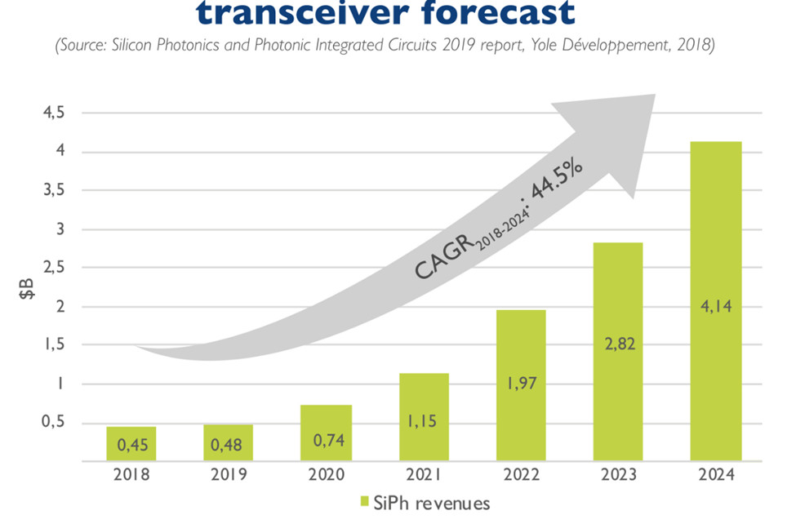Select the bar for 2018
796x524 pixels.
[131, 444]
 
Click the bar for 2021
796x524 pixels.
[424, 417]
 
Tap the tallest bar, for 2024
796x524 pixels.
[715, 302]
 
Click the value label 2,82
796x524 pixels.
[618, 344]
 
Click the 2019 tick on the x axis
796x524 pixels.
[229, 475]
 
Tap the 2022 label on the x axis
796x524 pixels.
[521, 475]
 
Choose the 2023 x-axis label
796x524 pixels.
[618, 475]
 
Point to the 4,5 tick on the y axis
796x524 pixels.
[52, 113]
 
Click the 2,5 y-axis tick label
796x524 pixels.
[52, 268]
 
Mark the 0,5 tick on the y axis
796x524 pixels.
[52, 423]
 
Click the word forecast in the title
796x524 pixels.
[499, 12]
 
